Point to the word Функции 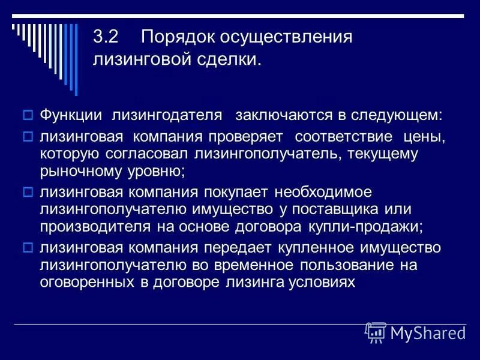click(x=70, y=115)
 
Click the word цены click(x=425, y=137)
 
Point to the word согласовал click(x=139, y=154)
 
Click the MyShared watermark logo click(x=416, y=332)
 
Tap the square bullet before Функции click(x=27, y=115)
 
